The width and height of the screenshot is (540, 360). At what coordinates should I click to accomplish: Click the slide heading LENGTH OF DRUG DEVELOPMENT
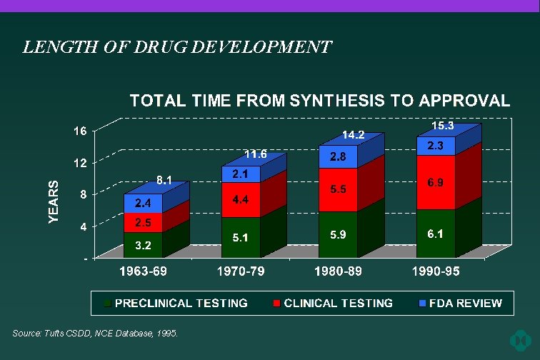click(177, 48)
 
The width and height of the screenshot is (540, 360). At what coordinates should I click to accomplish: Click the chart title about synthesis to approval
click(319, 101)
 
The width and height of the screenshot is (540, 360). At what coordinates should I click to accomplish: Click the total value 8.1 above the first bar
click(165, 181)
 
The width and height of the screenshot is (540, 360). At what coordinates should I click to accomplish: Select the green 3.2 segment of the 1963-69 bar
click(143, 245)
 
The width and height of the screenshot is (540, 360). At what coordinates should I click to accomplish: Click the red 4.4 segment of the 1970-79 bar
click(240, 199)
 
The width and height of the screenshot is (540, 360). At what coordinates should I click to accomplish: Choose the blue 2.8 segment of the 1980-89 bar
click(338, 157)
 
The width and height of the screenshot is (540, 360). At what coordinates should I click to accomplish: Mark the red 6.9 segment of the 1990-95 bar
click(436, 183)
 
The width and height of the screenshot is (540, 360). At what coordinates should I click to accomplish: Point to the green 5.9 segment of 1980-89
click(338, 234)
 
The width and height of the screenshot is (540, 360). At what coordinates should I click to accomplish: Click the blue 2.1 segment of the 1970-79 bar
click(240, 174)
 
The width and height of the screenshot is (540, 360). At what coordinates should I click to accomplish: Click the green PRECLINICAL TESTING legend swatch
click(108, 304)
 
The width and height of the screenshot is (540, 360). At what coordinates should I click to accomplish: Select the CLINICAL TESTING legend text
click(339, 303)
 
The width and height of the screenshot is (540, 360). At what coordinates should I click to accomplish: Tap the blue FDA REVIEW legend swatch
click(423, 304)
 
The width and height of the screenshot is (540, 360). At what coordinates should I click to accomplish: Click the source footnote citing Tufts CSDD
click(95, 334)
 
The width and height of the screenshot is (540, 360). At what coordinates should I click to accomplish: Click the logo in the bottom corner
click(520, 339)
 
